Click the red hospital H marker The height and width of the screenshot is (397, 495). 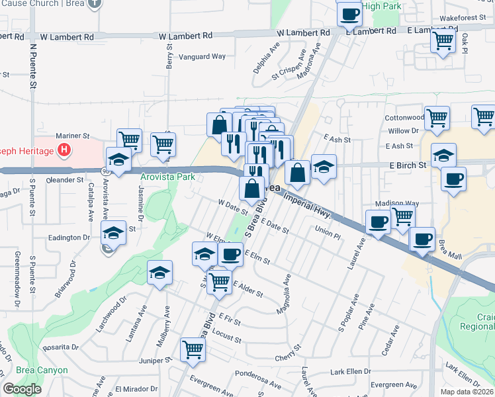(x=64, y=150)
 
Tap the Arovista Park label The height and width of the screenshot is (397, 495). (x=167, y=177)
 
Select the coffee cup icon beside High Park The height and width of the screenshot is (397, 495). (x=349, y=13)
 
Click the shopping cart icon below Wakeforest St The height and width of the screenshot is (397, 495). (x=443, y=40)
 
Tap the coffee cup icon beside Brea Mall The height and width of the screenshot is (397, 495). (x=422, y=239)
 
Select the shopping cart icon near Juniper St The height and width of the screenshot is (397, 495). (x=193, y=348)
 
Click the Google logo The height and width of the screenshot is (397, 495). (x=22, y=389)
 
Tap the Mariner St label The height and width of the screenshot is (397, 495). (x=72, y=136)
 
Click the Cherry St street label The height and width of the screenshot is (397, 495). (x=288, y=349)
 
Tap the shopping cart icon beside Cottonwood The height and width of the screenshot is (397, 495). (x=437, y=118)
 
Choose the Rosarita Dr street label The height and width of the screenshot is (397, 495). (x=60, y=347)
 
